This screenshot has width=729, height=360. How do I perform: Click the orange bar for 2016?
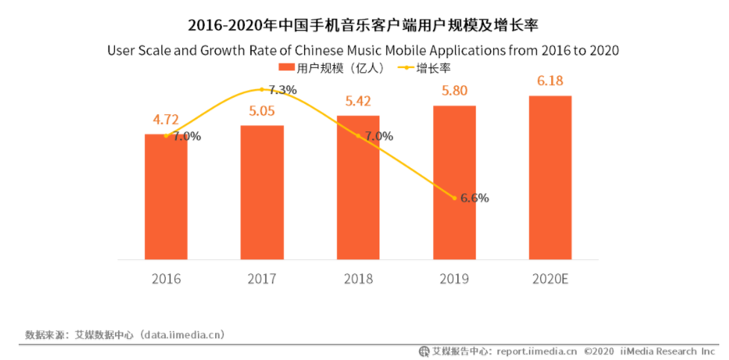click(166, 197)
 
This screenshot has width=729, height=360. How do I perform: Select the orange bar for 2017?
click(262, 193)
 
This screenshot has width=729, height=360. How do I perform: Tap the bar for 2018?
click(358, 187)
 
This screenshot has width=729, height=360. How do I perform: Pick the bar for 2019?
click(454, 183)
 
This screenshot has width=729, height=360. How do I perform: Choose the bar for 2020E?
click(550, 178)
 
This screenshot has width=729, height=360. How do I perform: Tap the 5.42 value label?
click(358, 101)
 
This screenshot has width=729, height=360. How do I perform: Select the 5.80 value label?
click(454, 91)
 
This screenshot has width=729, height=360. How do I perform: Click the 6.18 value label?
click(550, 81)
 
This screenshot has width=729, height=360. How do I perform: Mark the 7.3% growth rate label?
click(282, 90)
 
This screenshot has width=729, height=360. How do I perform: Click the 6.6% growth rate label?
click(474, 198)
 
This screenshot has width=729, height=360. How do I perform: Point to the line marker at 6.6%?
click(454, 198)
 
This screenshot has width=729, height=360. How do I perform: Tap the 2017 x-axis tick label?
click(261, 279)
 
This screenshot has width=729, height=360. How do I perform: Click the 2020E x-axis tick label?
click(550, 279)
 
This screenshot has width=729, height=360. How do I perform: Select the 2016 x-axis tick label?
click(166, 279)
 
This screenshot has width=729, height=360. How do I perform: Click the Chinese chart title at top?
click(363, 25)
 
